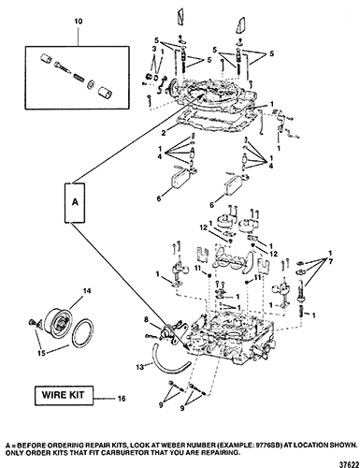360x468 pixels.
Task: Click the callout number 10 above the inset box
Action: click(x=79, y=22)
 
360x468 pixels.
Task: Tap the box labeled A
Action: click(x=75, y=202)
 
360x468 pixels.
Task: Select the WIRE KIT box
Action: click(x=63, y=395)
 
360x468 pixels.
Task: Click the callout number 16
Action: click(x=122, y=399)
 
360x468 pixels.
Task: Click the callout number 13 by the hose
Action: click(x=140, y=367)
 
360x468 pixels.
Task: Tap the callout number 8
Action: click(x=145, y=319)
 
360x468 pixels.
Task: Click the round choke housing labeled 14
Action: click(x=58, y=321)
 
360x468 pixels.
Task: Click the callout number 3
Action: click(x=154, y=49)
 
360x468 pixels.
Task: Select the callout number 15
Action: click(x=41, y=353)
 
